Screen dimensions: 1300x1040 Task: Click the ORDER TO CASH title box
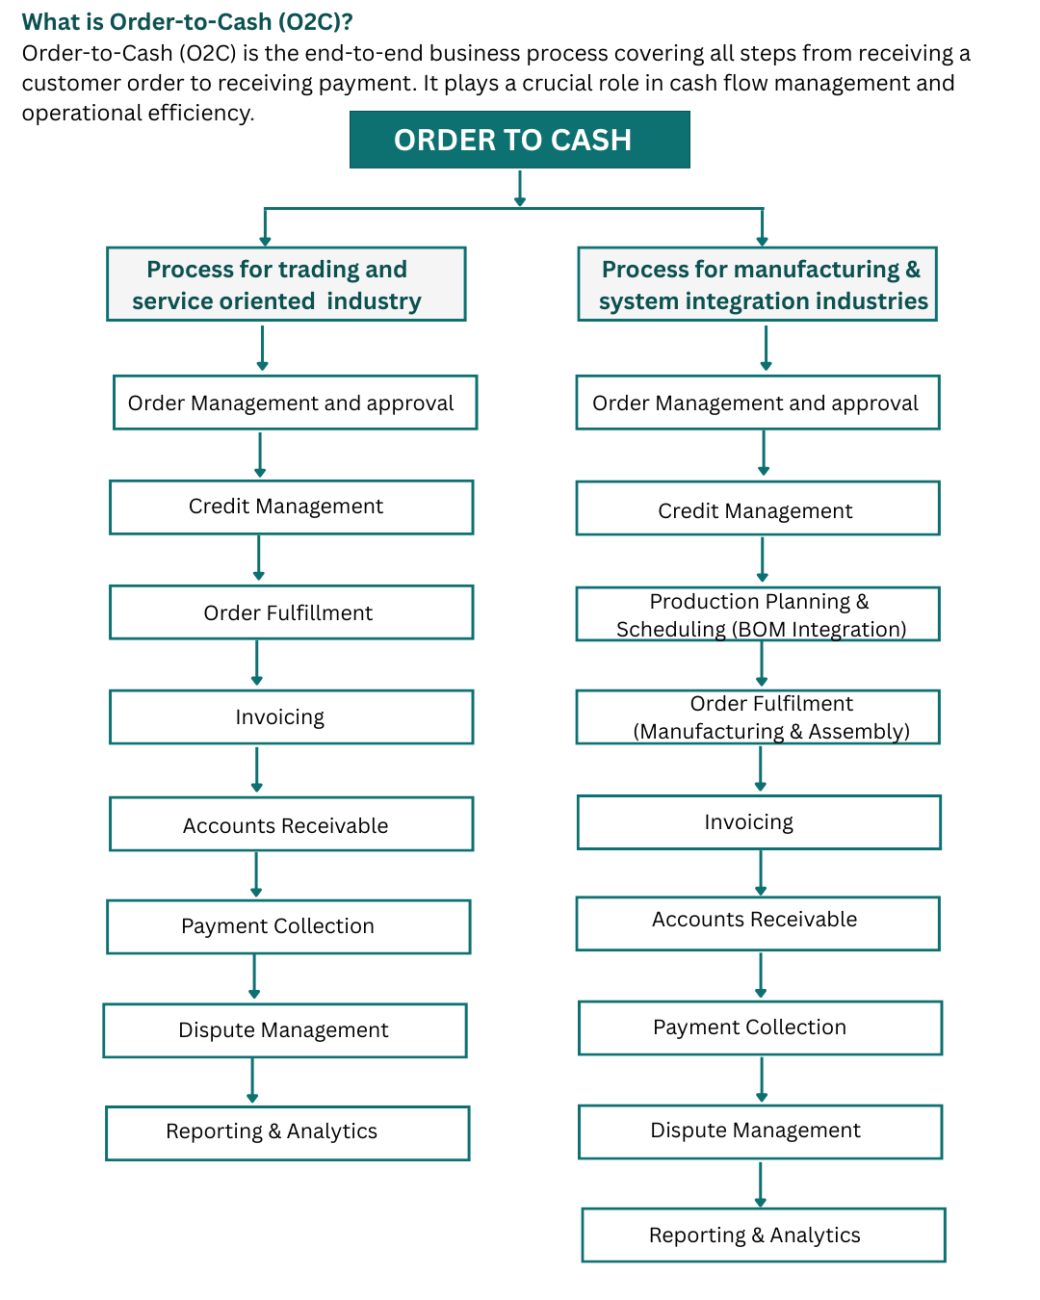[x=519, y=140]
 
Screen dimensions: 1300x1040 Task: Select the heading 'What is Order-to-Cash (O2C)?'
[x=187, y=21]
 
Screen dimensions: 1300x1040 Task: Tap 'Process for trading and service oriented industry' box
[x=286, y=284]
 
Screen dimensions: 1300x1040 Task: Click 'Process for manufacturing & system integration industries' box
[x=758, y=284]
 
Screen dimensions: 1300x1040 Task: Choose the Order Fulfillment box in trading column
[x=291, y=612]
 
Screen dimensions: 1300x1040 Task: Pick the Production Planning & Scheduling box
[x=758, y=614]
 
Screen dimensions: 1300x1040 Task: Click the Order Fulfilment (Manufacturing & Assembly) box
[x=758, y=717]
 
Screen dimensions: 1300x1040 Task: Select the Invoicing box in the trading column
[x=291, y=717]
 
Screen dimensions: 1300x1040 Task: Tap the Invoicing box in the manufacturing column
[x=759, y=822]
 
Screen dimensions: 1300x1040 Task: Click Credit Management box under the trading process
[x=291, y=507]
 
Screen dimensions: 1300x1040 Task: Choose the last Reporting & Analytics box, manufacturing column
[x=764, y=1235]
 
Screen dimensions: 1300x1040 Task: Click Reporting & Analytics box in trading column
[x=287, y=1132]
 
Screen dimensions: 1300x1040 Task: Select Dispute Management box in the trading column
[x=285, y=1030]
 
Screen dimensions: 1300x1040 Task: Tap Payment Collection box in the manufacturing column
[x=760, y=1027]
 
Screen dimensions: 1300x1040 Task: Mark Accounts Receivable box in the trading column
[x=291, y=824]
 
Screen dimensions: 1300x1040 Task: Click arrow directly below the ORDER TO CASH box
[x=520, y=188]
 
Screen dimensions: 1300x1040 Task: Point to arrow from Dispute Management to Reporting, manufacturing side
[x=761, y=1184]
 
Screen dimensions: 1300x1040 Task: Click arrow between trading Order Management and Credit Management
[x=260, y=455]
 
